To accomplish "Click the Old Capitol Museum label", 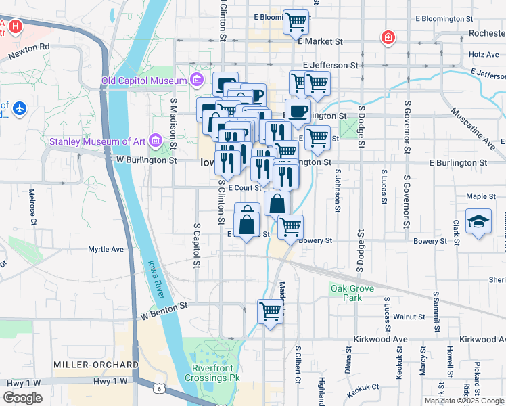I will (143, 81).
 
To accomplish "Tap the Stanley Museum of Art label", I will (99, 141).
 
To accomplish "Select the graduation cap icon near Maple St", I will (478, 223).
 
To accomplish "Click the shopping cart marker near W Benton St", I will (270, 312).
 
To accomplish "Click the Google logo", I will (23, 397).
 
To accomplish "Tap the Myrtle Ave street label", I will (106, 249).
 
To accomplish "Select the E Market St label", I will (320, 41).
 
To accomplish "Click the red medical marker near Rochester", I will (388, 37).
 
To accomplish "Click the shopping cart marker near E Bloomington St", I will (296, 22).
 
